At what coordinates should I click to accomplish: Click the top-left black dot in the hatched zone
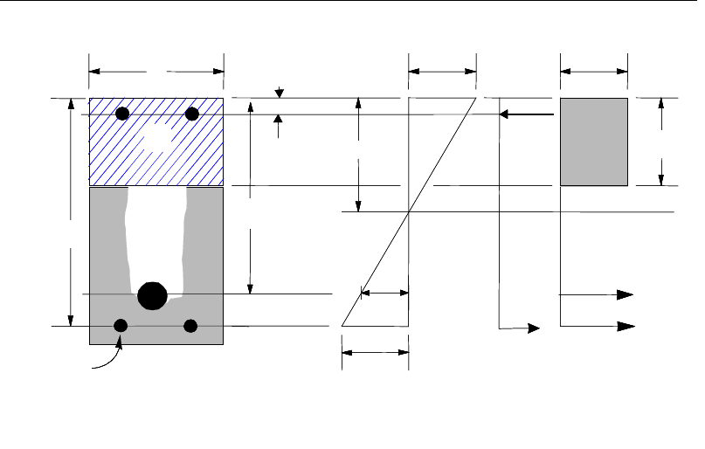(123, 114)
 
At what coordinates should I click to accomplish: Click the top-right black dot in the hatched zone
(193, 114)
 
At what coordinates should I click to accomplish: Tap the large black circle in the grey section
(153, 295)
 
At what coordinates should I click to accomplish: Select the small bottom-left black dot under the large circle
(121, 326)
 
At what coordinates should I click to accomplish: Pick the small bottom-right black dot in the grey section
(191, 326)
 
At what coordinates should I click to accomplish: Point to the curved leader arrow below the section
(107, 360)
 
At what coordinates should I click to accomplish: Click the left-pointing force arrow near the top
(526, 114)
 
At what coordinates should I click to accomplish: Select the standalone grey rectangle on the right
(593, 142)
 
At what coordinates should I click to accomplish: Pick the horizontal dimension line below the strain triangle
(375, 353)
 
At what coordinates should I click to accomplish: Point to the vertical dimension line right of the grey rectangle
(661, 142)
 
